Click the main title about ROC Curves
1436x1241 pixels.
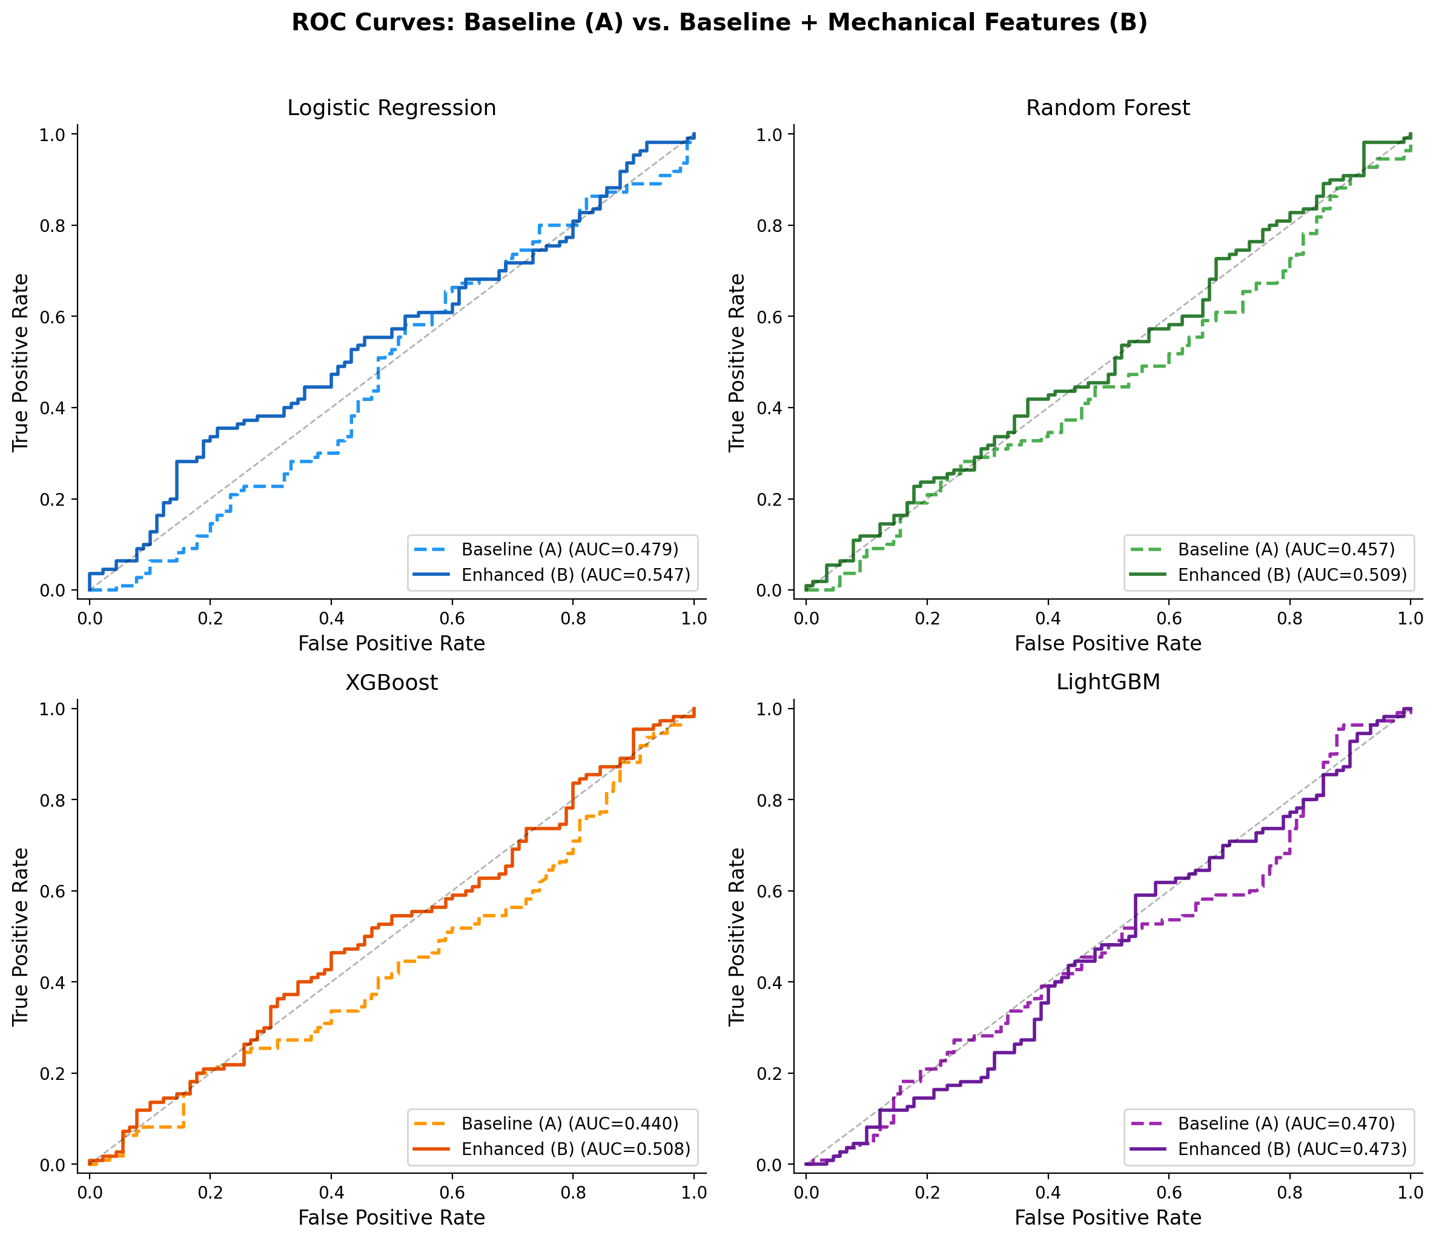click(719, 23)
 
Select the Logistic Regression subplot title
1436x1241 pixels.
click(392, 108)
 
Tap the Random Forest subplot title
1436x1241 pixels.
click(1108, 108)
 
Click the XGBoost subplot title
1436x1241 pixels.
click(392, 683)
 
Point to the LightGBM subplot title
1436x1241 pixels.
click(1108, 683)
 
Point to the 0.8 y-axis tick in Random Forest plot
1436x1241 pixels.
click(770, 226)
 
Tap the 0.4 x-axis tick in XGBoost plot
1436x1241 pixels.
click(331, 1193)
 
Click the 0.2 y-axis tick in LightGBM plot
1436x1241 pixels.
click(770, 1073)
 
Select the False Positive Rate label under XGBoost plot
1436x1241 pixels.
click(392, 1218)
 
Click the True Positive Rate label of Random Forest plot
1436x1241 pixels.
click(736, 362)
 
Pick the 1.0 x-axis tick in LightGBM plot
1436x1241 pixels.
click(1410, 1193)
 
